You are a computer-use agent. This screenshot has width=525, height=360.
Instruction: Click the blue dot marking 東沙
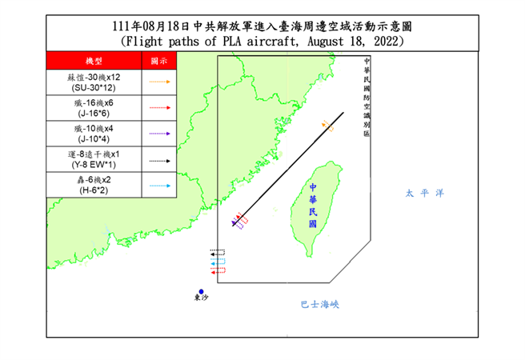[x=202, y=292]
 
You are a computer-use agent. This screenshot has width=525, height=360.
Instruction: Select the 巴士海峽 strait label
[x=320, y=304]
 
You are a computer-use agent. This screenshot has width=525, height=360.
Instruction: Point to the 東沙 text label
[x=202, y=300]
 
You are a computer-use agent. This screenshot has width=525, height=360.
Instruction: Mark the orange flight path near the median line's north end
[x=326, y=126]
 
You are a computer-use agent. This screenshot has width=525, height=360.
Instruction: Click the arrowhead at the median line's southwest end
[x=234, y=225]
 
